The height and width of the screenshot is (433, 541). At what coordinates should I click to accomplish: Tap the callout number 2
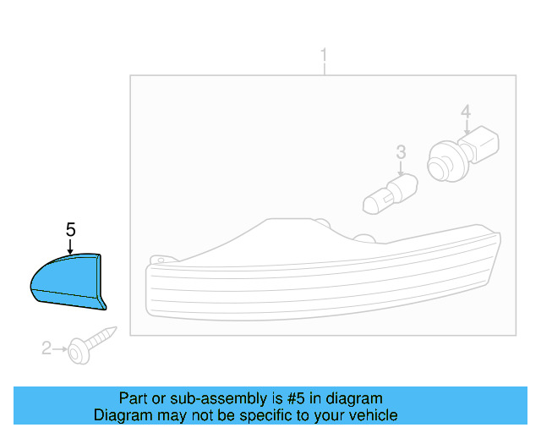[46, 347]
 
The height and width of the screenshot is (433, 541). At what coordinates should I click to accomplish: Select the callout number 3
[402, 152]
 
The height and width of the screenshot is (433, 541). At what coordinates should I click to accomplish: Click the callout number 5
[70, 229]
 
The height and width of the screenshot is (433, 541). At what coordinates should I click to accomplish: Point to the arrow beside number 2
[62, 347]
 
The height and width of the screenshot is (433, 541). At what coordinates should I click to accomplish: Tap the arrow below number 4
[466, 127]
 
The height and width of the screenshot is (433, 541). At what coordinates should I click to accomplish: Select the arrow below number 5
[70, 245]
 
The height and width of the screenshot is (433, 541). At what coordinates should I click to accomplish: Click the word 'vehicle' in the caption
[373, 415]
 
